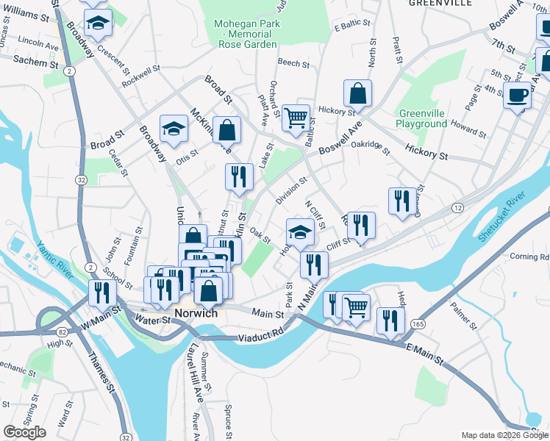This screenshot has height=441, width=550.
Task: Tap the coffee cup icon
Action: tap(518, 96)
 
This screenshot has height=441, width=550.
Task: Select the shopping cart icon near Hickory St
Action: tap(296, 117)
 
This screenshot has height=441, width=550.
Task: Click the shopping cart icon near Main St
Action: tap(356, 306)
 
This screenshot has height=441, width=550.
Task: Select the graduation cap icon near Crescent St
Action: tap(98, 24)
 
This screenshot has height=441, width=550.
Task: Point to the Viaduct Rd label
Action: tap(261, 337)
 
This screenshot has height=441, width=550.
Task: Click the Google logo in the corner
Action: tap(24, 432)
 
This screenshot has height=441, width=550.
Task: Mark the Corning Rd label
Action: tap(529, 257)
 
